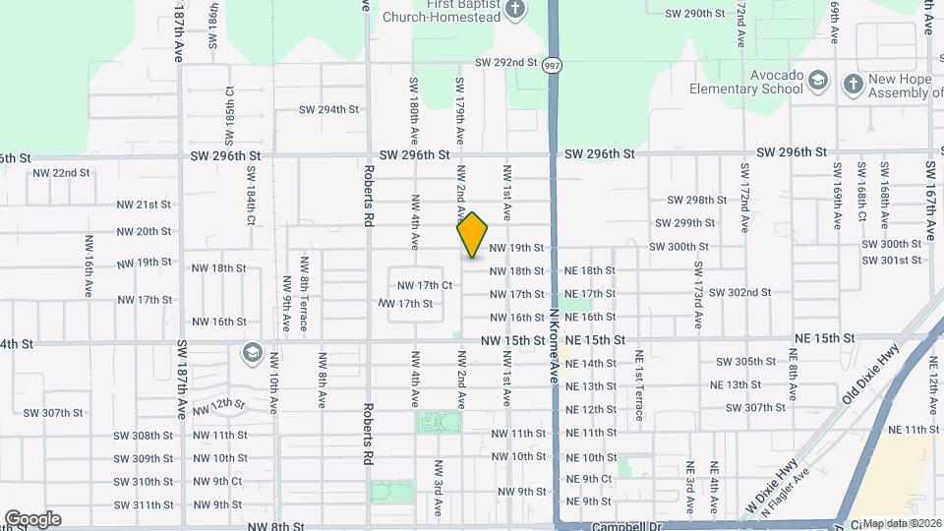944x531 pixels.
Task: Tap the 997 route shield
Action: pos(552,66)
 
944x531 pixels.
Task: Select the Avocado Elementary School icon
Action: pos(818,88)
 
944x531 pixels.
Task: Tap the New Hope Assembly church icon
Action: pos(852,85)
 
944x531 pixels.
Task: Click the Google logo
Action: pos(32,518)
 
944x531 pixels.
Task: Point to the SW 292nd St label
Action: pos(505,62)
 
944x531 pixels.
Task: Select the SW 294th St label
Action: pos(329,109)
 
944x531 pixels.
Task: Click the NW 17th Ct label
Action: pos(424,285)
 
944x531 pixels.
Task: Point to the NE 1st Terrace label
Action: pos(638,385)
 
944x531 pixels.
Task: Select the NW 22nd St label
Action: pos(61,172)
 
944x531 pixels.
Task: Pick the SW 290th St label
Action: pos(694,14)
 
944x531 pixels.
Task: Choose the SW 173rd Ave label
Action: pos(697,281)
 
